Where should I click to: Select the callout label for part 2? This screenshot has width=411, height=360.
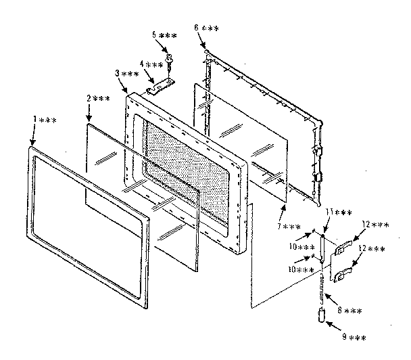click(x=98, y=99)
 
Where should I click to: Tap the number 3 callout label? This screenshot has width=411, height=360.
click(x=126, y=74)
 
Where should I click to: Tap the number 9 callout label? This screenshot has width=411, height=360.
click(x=354, y=336)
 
